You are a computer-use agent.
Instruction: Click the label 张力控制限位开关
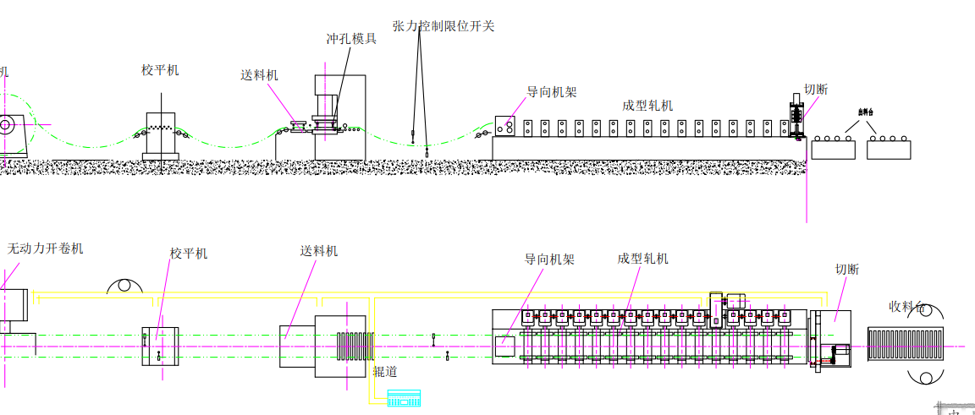[x=443, y=26]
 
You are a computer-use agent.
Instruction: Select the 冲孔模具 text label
[x=351, y=39]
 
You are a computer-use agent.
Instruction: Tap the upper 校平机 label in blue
[x=160, y=70]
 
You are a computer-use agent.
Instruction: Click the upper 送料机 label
[x=259, y=75]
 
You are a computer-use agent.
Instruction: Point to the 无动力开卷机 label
[x=46, y=248]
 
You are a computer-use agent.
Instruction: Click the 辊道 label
[x=385, y=371]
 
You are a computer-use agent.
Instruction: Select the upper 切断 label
[x=816, y=90]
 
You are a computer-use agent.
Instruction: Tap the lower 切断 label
[x=846, y=270]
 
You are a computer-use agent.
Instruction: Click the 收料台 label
[x=906, y=306]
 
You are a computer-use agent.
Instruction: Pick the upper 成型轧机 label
[x=647, y=106]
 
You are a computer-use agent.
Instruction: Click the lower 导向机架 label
[x=549, y=259]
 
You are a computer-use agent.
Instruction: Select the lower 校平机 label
[x=188, y=254]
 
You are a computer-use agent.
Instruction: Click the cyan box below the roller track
[x=404, y=397]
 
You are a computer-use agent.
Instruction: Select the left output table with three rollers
[x=834, y=148]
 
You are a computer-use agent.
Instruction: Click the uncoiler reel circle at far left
[x=6, y=126]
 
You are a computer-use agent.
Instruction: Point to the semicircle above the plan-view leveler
[x=124, y=286]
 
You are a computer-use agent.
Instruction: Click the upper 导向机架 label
[x=552, y=92]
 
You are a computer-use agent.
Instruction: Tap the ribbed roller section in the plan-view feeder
[x=354, y=347]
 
